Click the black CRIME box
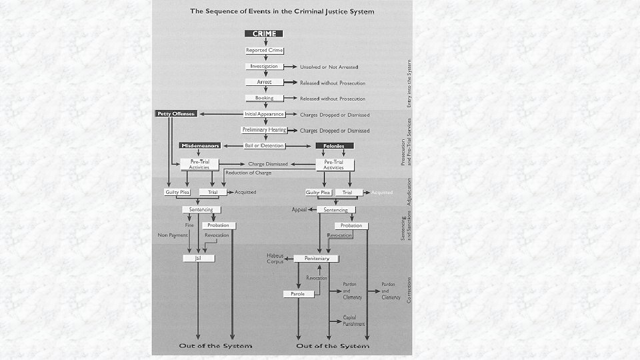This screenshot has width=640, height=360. pyautogui.click(x=264, y=33)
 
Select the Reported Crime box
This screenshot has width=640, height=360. pyautogui.click(x=264, y=50)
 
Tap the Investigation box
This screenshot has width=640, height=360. pyautogui.click(x=264, y=67)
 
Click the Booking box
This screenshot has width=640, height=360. pyautogui.click(x=264, y=98)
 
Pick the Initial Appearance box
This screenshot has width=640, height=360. pyautogui.click(x=264, y=114)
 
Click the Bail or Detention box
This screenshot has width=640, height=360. pyautogui.click(x=264, y=145)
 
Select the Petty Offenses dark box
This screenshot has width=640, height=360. pyautogui.click(x=176, y=114)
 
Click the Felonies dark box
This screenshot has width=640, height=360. pyautogui.click(x=334, y=145)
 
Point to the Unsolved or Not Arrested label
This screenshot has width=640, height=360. pyautogui.click(x=329, y=67)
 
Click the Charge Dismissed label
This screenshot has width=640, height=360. pyautogui.click(x=268, y=163)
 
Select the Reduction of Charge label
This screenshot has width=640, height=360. pyautogui.click(x=248, y=173)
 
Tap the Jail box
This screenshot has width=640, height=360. pyautogui.click(x=197, y=258)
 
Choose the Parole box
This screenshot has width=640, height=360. pyautogui.click(x=298, y=293)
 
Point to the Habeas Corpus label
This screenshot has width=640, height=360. pyautogui.click(x=276, y=258)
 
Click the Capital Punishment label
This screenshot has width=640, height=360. pyautogui.click(x=353, y=320)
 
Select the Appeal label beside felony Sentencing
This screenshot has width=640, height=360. pyautogui.click(x=299, y=209)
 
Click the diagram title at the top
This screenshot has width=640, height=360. pyautogui.click(x=282, y=11)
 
